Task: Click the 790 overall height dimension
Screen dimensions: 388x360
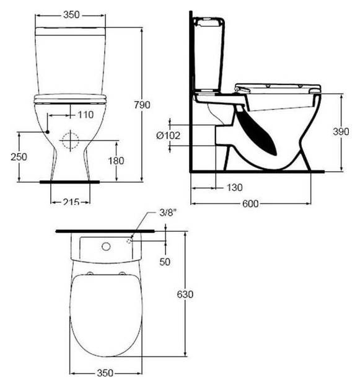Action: [142, 105]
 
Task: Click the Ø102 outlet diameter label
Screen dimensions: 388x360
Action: [168, 135]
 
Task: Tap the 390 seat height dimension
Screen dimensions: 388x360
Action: [341, 133]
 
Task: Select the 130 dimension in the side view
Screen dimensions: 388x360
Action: [234, 187]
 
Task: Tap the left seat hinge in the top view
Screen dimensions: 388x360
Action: [91, 273]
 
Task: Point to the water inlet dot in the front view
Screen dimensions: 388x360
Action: [47, 132]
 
